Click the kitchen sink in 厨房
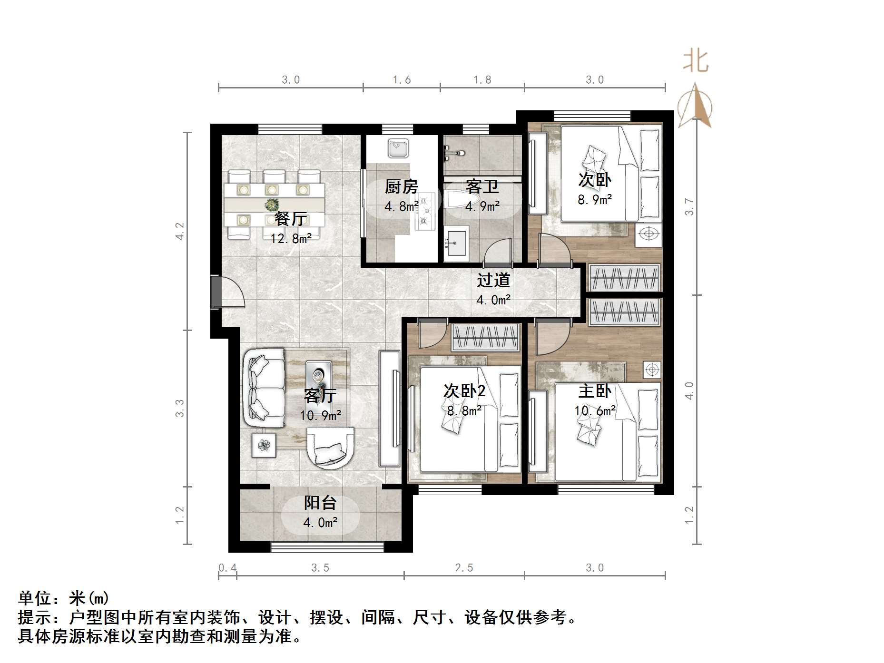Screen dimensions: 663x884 click(x=398, y=148)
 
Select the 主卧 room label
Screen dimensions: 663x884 click(x=595, y=391)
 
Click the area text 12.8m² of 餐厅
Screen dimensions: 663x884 click(x=291, y=238)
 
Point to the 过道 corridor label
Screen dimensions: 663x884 click(x=493, y=280)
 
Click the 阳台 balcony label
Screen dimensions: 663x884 click(x=320, y=503)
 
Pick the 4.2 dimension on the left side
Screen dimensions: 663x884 click(x=180, y=231)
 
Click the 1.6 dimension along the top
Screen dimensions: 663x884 click(x=402, y=80)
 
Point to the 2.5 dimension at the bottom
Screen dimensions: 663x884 click(x=464, y=567)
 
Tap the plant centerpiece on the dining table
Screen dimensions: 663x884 click(x=272, y=205)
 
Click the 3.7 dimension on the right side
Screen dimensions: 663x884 click(x=689, y=207)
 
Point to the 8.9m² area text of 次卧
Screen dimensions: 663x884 click(x=595, y=200)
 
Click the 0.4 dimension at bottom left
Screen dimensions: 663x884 click(x=227, y=567)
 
